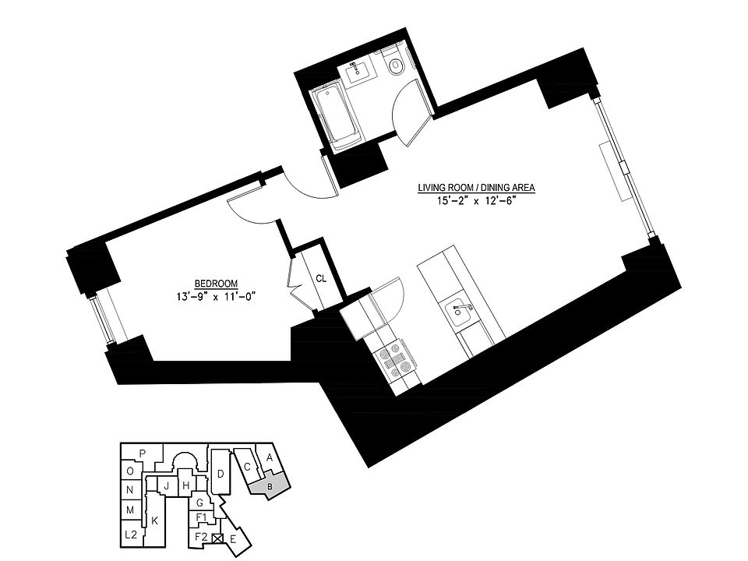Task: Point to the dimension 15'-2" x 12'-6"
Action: (477, 200)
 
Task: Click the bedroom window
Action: (102, 319)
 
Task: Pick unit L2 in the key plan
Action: (131, 535)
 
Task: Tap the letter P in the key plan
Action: (143, 453)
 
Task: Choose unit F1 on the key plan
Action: (201, 517)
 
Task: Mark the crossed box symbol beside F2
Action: (217, 537)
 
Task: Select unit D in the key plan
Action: (221, 474)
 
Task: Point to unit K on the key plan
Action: (155, 520)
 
